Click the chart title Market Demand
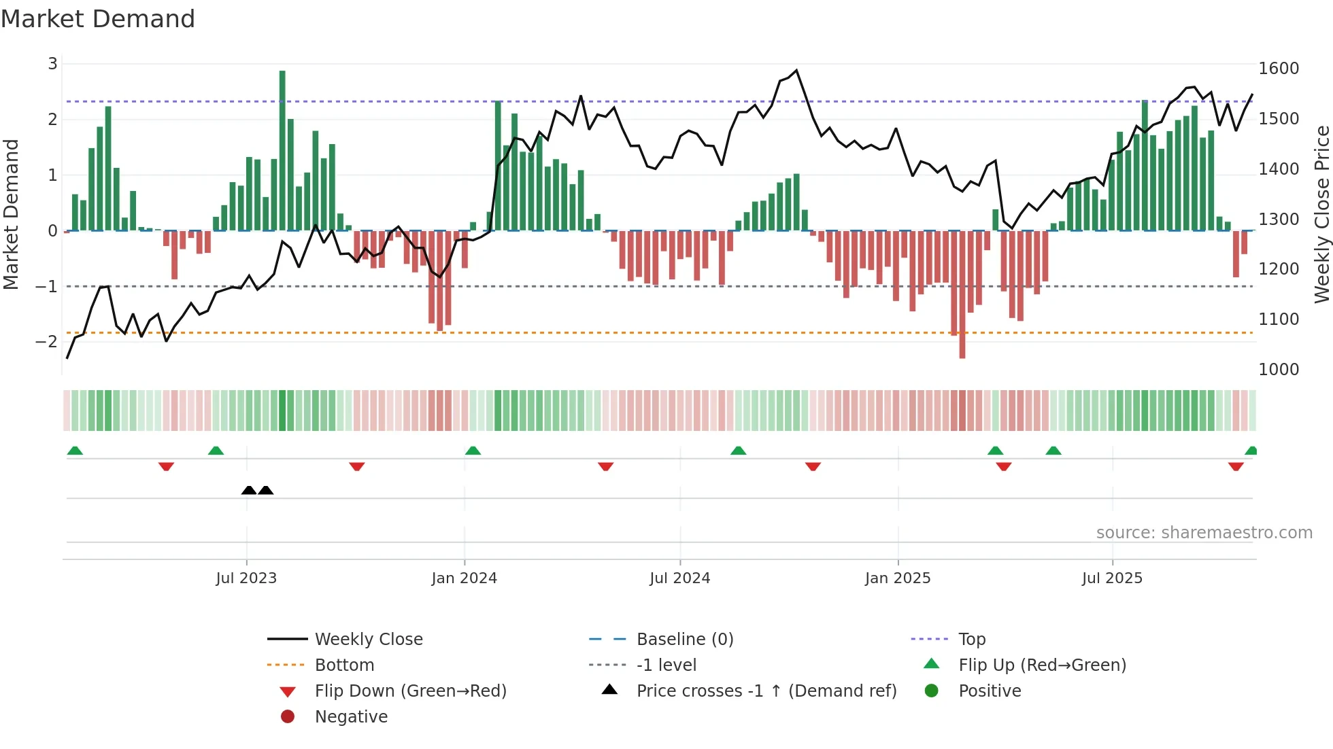pos(98,19)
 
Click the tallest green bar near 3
pos(282,150)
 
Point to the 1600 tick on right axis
pos(1279,69)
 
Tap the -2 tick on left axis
pos(47,342)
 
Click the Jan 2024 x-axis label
pos(465,578)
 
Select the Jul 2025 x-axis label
pos(1112,578)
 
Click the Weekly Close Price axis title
pos(1321,214)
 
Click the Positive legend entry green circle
pos(932,691)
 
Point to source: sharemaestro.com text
pos(1204,533)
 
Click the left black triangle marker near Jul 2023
pos(249,490)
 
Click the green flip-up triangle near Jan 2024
pos(473,451)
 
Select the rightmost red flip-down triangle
pos(1236,466)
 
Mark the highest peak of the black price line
pos(796,70)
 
